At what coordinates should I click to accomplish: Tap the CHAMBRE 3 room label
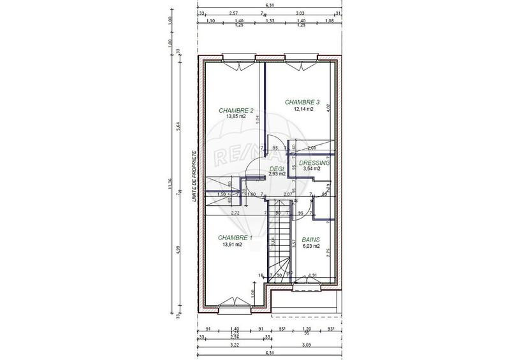click(x=302, y=102)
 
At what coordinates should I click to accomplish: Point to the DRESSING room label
click(x=315, y=163)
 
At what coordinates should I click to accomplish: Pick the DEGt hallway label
click(x=276, y=168)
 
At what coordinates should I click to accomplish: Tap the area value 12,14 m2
click(x=303, y=109)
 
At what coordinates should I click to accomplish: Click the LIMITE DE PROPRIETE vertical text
click(x=191, y=177)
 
